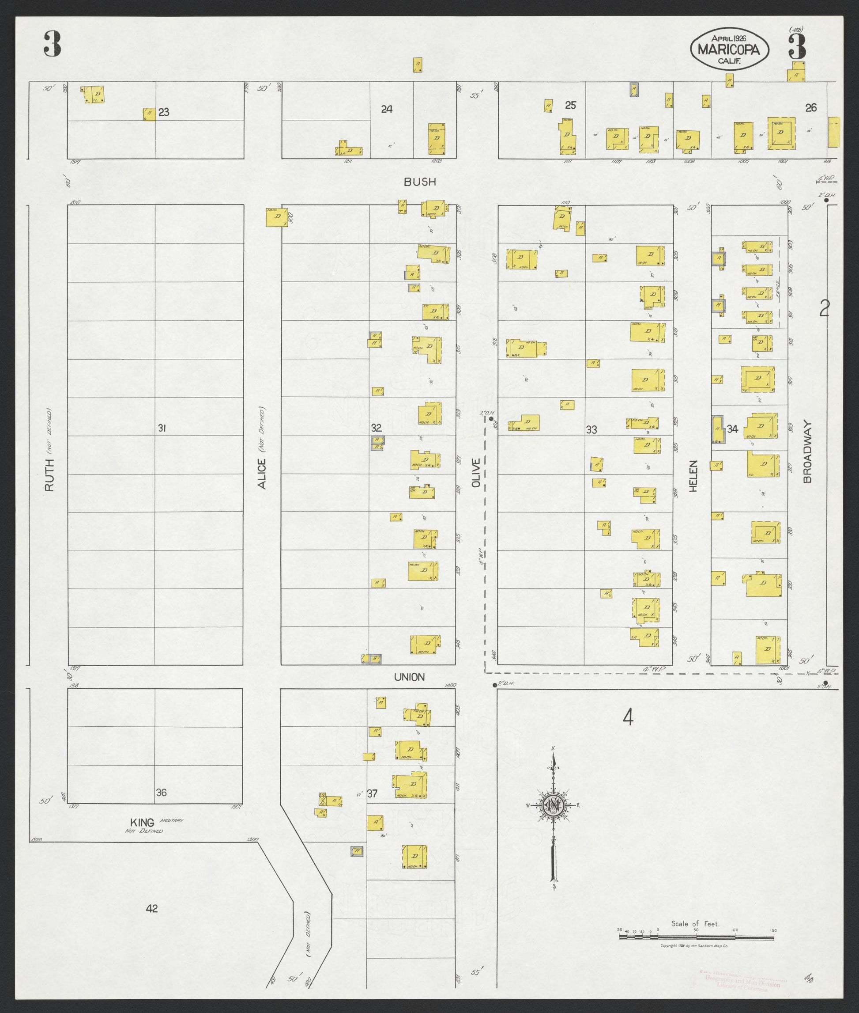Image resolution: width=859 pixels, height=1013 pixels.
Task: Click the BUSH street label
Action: coord(420,182)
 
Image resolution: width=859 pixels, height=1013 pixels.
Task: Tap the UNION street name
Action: coord(410,677)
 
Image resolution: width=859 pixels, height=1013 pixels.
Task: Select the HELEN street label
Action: coord(693,476)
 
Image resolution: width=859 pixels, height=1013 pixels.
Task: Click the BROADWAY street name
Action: coord(808,451)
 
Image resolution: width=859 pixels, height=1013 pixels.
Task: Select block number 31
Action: coord(162,428)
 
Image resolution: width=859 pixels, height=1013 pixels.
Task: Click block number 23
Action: coord(164,113)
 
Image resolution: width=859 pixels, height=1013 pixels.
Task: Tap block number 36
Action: coord(162,793)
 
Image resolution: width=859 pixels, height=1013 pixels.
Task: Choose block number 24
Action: coord(387,109)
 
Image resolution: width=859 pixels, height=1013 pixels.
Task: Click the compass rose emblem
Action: coord(554,805)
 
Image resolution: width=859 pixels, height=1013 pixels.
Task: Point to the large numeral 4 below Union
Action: coord(628,717)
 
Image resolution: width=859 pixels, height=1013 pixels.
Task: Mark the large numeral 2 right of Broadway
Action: coord(824,308)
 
